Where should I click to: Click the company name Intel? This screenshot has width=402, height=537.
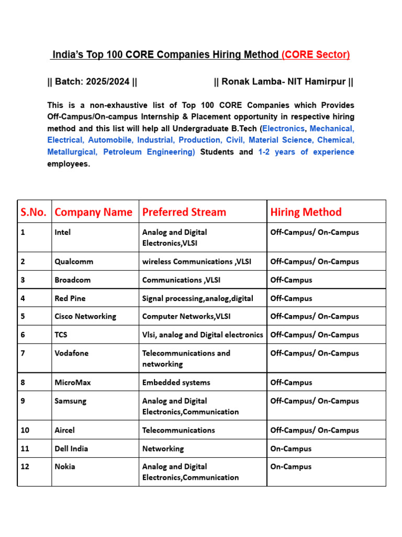coord(63,232)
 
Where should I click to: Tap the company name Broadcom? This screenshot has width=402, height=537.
coord(72,280)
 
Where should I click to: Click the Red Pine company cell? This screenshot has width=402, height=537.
coord(70,298)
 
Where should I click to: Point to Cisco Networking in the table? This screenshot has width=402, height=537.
coord(85,316)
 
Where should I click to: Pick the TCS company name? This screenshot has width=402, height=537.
coord(61,335)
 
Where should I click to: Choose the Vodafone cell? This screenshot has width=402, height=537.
coord(72,353)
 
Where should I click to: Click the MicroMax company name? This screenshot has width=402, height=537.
coord(73,382)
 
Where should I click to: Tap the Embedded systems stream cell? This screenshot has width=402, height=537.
coord(176,382)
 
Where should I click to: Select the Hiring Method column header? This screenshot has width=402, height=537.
coord(306,212)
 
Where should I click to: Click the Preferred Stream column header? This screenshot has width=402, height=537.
coord(184,212)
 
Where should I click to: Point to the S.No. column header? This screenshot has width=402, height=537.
coord(33,212)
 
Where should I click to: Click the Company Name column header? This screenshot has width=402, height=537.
coord(94,212)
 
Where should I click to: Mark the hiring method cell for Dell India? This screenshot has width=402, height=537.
coord(291,449)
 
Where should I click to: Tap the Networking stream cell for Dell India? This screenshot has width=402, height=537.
coord(163,449)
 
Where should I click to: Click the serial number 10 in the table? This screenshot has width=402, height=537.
coord(25,430)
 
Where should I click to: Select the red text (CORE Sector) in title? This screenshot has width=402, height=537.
coord(316,55)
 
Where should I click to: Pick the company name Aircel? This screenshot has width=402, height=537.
coord(65,430)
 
